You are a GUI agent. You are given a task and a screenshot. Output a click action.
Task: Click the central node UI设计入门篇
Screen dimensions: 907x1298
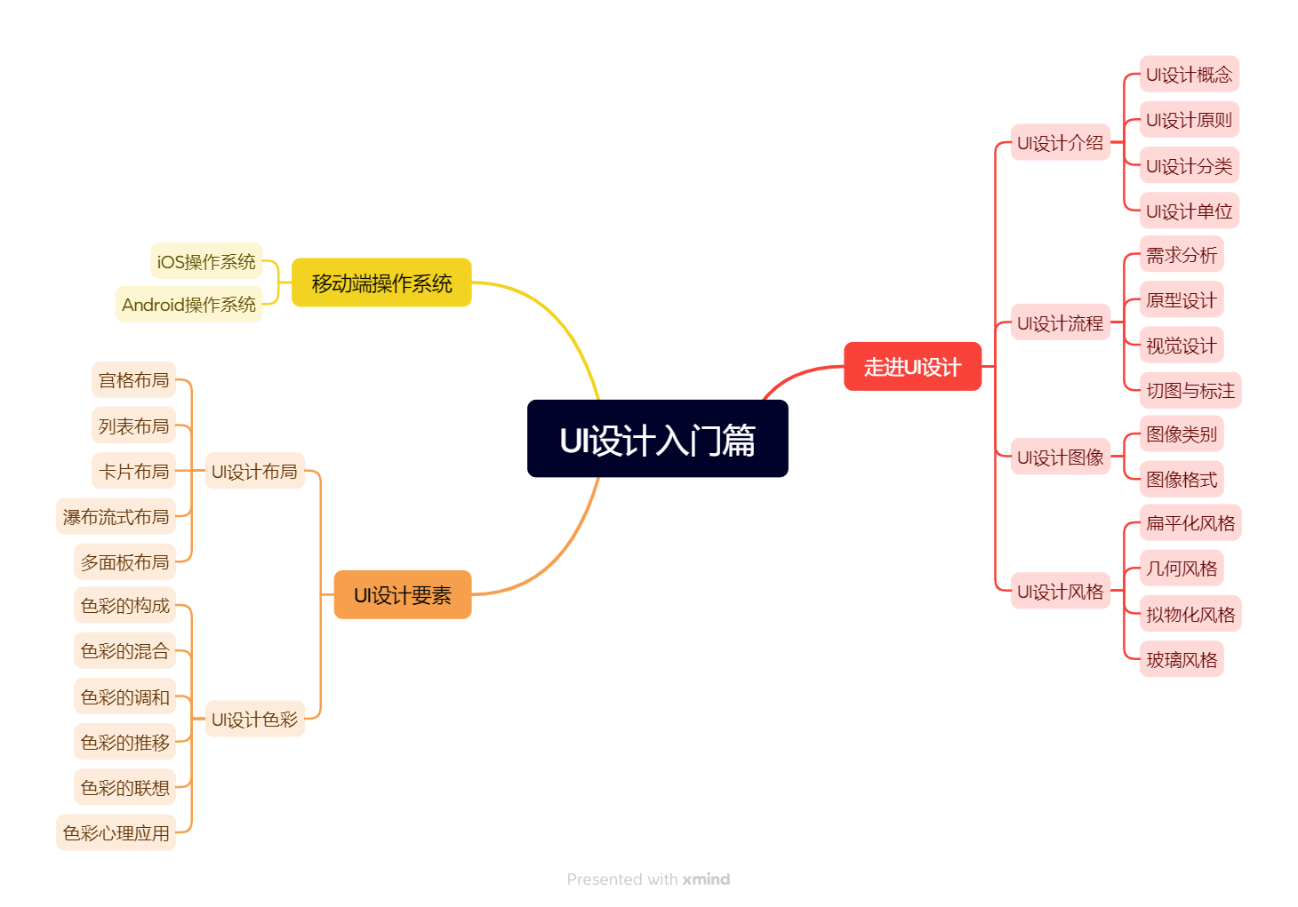tap(657, 439)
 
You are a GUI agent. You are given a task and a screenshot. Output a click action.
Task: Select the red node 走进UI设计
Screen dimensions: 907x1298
tap(912, 366)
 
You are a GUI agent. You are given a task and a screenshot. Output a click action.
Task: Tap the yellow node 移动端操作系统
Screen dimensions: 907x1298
tap(381, 282)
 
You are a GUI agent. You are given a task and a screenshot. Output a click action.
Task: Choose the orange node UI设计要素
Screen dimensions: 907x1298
tap(402, 594)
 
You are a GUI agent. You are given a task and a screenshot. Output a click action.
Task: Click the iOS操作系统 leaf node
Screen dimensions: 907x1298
tap(206, 261)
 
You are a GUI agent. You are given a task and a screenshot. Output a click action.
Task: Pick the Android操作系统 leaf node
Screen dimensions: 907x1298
tap(188, 304)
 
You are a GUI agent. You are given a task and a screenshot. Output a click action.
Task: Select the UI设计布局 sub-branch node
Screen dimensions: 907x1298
tap(254, 471)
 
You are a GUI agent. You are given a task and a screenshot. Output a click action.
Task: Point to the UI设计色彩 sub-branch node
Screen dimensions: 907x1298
tap(254, 719)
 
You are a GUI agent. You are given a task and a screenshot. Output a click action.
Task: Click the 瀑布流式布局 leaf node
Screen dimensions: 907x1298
tap(116, 516)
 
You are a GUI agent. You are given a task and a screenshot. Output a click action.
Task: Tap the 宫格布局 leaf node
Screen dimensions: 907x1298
tap(133, 379)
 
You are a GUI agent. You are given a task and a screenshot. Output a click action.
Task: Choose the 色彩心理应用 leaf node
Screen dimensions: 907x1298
tap(116, 832)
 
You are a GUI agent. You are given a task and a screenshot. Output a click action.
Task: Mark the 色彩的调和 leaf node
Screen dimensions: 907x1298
tap(124, 696)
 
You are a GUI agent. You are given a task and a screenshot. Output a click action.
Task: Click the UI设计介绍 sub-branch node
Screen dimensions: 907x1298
tap(1060, 142)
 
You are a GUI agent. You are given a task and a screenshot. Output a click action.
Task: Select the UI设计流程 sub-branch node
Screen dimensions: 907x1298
tap(1060, 322)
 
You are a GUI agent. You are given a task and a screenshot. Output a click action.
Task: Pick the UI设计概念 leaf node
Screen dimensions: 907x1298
tap(1189, 74)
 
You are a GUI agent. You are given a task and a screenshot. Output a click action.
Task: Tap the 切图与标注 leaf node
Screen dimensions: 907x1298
tap(1190, 390)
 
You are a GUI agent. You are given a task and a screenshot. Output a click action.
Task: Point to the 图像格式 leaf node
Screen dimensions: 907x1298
tap(1181, 479)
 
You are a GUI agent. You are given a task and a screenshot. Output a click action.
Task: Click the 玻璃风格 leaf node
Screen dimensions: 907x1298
tap(1181, 659)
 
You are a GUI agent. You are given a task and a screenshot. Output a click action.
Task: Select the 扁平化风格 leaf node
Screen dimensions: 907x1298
tap(1190, 522)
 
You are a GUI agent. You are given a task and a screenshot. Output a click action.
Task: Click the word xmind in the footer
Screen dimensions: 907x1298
tap(706, 879)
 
